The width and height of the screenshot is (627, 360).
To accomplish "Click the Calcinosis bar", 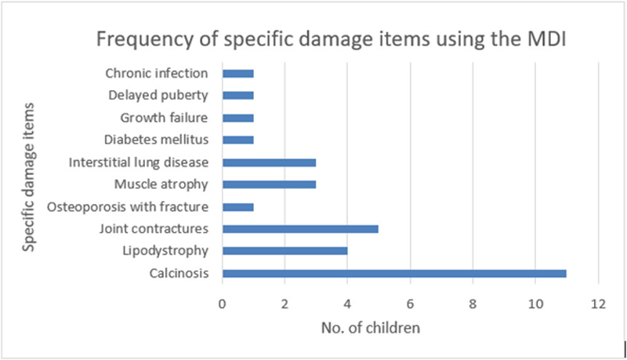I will click(x=394, y=274).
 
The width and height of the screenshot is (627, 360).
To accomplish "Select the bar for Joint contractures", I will click(x=300, y=229).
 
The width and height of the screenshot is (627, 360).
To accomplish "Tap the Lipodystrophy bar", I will click(x=285, y=251).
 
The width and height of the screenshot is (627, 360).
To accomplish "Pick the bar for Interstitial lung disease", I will click(x=269, y=162).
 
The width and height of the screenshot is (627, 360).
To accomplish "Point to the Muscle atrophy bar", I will click(x=269, y=185).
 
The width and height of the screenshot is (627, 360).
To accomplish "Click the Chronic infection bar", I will click(x=238, y=74).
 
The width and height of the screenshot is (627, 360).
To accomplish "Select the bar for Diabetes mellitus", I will click(x=238, y=140).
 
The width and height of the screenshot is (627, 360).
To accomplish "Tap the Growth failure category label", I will click(x=164, y=118).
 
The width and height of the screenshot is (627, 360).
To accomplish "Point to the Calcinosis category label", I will click(x=179, y=274).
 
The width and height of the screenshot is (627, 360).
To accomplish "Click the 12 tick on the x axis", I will click(x=597, y=303).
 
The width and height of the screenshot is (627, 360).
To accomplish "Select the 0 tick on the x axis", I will click(x=223, y=303).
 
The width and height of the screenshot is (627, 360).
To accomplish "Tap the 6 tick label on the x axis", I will click(x=410, y=303).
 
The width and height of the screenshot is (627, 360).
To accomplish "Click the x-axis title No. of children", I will click(x=371, y=328).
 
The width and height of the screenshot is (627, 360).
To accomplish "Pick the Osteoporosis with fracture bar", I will click(x=238, y=207).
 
